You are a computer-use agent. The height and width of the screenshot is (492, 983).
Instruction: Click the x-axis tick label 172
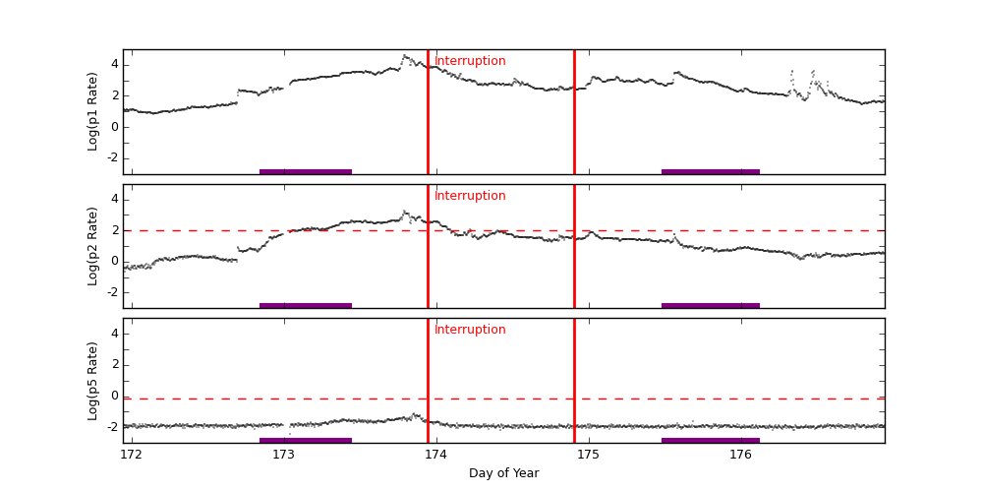[131, 455]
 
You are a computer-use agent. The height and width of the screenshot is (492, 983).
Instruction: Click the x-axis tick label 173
[283, 455]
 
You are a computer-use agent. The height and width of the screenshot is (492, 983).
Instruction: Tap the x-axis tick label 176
[740, 455]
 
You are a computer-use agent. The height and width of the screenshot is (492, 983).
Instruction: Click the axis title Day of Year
[503, 473]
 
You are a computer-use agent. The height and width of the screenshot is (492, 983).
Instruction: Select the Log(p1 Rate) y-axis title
[93, 111]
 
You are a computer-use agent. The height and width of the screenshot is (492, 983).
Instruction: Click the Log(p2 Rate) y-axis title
[93, 246]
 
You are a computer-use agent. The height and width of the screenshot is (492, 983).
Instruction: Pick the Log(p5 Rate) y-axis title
[93, 380]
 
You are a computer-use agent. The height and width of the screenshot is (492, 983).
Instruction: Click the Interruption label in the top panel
[470, 61]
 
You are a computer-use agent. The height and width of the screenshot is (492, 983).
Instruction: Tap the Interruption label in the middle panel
[470, 196]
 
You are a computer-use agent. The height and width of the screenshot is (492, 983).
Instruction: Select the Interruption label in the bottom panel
[470, 330]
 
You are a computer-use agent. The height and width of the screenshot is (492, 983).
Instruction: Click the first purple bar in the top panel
[305, 171]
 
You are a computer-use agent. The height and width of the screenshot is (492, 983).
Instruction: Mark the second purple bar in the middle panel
[710, 306]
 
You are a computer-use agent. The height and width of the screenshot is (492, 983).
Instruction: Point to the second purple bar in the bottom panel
[710, 440]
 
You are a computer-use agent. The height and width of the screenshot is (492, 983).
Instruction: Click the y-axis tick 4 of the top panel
[114, 64]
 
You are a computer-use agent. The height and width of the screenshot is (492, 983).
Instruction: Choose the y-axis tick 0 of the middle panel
[114, 261]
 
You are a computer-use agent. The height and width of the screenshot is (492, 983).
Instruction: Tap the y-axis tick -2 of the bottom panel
[111, 426]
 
